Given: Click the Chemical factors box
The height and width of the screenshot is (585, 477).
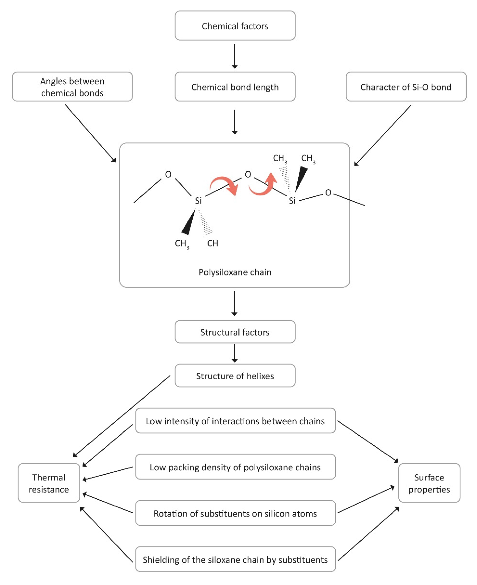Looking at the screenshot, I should click(x=235, y=26).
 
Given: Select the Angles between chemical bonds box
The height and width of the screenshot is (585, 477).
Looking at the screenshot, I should click(x=72, y=87).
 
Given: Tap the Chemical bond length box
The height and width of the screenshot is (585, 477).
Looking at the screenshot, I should click(x=235, y=87).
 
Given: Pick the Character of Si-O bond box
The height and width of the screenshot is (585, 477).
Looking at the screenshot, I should click(x=406, y=87).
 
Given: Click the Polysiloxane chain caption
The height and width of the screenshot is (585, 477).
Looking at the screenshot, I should click(x=235, y=272).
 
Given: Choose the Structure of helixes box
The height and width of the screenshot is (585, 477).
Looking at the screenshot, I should click(x=235, y=376).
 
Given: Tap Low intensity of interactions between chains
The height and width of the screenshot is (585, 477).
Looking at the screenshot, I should click(x=235, y=421).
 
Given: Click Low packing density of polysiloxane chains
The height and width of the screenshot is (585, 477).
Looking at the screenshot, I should click(x=235, y=467).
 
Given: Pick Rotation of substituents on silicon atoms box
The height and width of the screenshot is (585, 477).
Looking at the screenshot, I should click(x=235, y=513).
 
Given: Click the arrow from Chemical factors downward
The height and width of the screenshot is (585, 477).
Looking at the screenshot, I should click(x=234, y=56).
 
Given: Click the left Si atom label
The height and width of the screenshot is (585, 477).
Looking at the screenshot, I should click(x=198, y=201).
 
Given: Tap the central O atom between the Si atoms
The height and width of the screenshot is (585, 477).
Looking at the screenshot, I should click(x=248, y=174).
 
